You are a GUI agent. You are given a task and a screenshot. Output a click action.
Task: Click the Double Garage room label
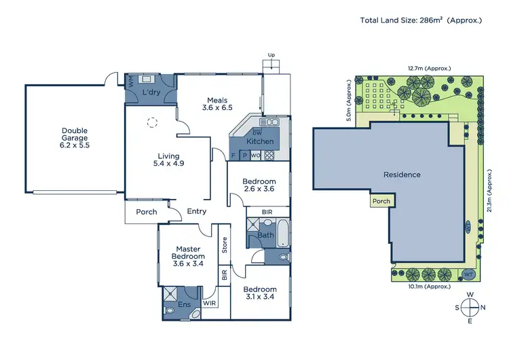[75, 137]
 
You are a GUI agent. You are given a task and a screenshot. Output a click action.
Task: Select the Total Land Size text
[421, 20]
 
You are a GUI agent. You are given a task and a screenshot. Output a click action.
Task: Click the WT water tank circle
[468, 274]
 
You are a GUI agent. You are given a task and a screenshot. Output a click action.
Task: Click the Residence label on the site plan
[402, 175]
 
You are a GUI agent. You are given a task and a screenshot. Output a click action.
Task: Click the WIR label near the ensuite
[210, 304]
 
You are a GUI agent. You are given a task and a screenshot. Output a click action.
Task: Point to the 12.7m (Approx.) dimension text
[429, 68]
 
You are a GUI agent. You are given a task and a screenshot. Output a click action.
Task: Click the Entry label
[197, 211]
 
